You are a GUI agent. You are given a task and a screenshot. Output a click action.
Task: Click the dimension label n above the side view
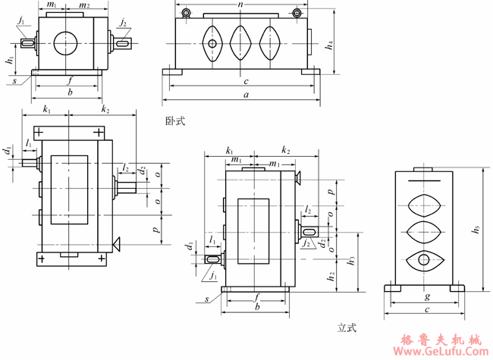pos(241,5)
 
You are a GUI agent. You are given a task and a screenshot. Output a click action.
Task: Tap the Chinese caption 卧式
pos(174,121)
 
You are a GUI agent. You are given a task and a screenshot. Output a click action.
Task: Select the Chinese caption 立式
pos(347,328)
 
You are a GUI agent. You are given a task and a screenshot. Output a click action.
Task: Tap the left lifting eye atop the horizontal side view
pos(185,13)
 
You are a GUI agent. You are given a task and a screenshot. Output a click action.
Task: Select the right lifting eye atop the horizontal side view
pos(297,13)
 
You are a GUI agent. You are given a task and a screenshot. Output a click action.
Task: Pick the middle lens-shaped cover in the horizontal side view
pos(241,42)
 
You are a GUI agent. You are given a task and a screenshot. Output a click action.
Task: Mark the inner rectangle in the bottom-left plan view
pos(69,189)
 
